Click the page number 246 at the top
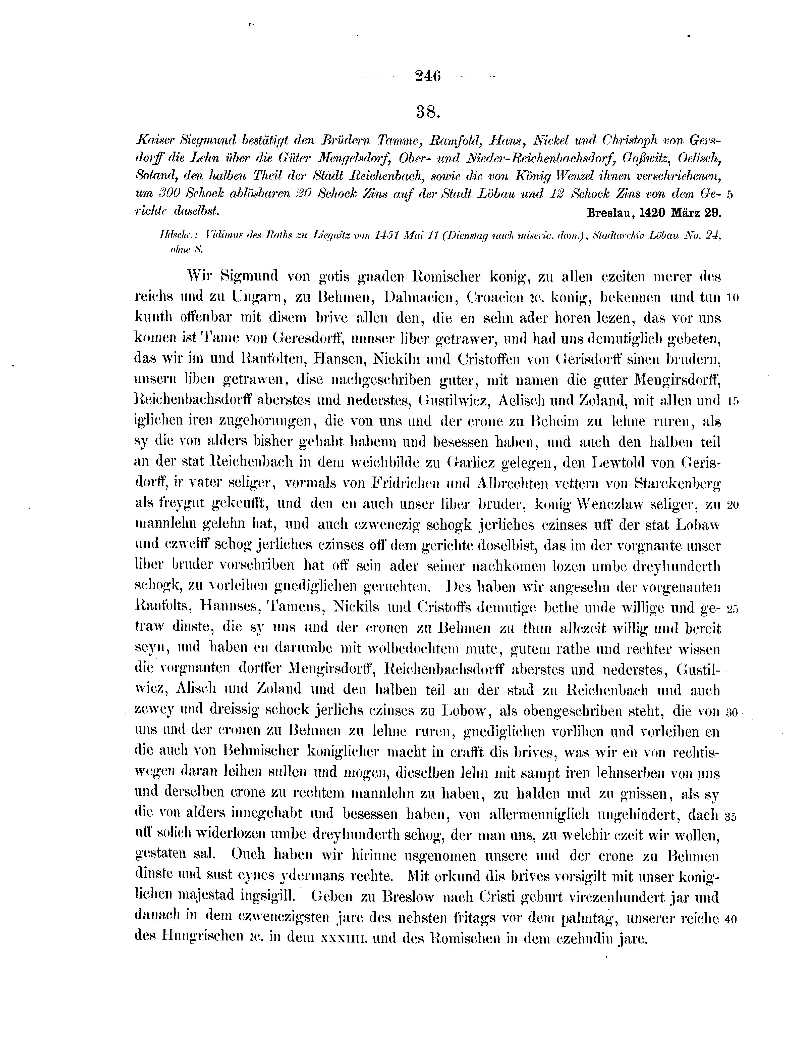click(x=428, y=76)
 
